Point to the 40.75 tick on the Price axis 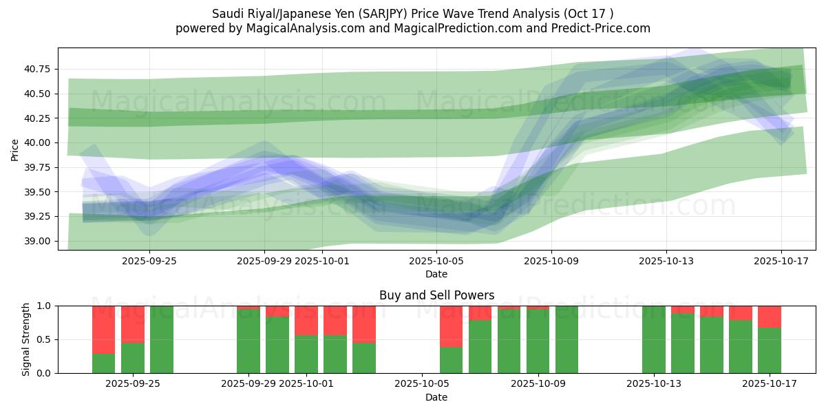tap(38, 69)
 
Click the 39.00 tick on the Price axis tap(38, 241)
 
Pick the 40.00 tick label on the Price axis tap(38, 142)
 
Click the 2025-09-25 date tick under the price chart tap(149, 261)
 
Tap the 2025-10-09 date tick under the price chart tap(551, 261)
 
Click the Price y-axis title tap(15, 149)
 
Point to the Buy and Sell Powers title tap(436, 295)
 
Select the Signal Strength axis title tap(26, 339)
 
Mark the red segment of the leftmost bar tap(103, 329)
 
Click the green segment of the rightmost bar tap(770, 350)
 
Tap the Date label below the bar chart tap(436, 397)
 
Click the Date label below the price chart tap(436, 274)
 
